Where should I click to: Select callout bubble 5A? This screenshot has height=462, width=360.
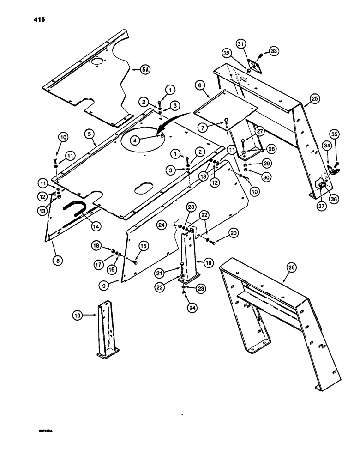click(x=145, y=70)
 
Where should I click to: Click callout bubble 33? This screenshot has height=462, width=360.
click(x=274, y=52)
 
